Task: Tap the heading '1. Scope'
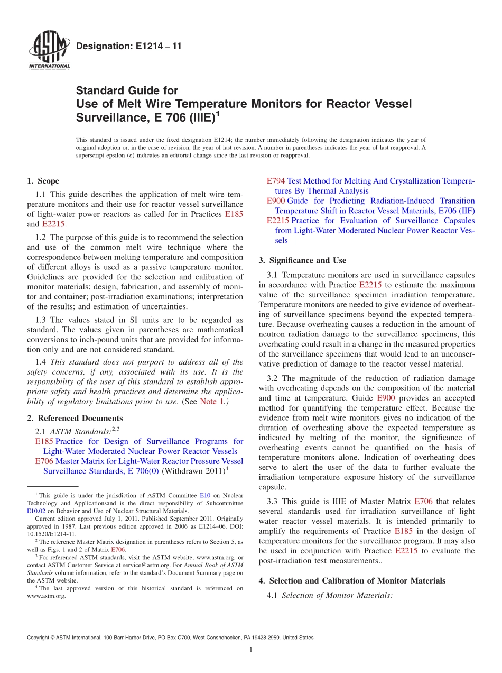[x=43, y=181]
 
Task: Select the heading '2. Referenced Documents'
[x=75, y=418]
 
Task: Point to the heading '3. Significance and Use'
[x=302, y=260]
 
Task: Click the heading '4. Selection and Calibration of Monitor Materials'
[x=352, y=580]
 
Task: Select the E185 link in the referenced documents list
[x=44, y=441]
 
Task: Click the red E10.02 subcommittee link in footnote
[x=35, y=511]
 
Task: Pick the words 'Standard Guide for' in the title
[x=127, y=90]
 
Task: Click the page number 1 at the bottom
[x=251, y=650]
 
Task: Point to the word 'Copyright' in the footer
[x=40, y=638]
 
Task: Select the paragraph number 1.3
[x=41, y=320]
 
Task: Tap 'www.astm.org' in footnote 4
[x=46, y=596]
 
